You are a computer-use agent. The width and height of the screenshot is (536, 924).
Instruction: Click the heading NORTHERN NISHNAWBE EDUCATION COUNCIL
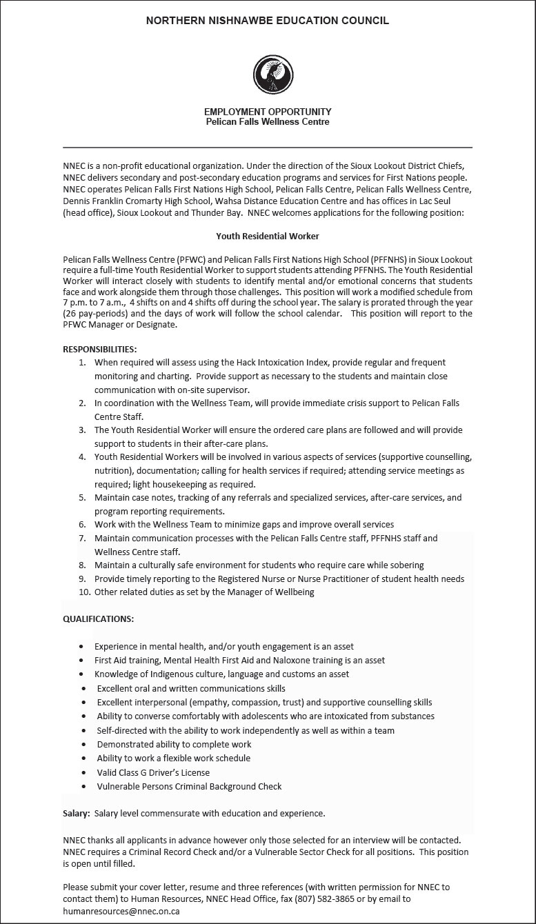(268, 21)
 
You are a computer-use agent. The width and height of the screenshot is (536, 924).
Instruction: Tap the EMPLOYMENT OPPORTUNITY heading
(268, 112)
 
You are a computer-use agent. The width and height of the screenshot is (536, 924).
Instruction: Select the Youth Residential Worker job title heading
(268, 236)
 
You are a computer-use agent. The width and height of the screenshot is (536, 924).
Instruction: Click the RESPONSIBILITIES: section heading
(99, 349)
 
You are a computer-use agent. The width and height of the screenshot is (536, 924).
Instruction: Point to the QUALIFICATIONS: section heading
(99, 619)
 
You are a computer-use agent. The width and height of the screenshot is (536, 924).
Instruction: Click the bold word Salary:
(76, 813)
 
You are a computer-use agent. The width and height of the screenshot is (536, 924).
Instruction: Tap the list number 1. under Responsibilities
(82, 363)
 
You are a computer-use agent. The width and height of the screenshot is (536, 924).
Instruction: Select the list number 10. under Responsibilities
(84, 592)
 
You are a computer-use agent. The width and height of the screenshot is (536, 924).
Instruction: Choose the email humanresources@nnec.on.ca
(121, 911)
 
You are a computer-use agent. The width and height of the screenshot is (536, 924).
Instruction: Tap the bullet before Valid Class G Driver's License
(83, 772)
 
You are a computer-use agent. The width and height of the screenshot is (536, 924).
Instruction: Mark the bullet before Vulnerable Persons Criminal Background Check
(83, 786)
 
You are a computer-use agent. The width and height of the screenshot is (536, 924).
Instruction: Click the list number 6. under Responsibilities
(82, 525)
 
